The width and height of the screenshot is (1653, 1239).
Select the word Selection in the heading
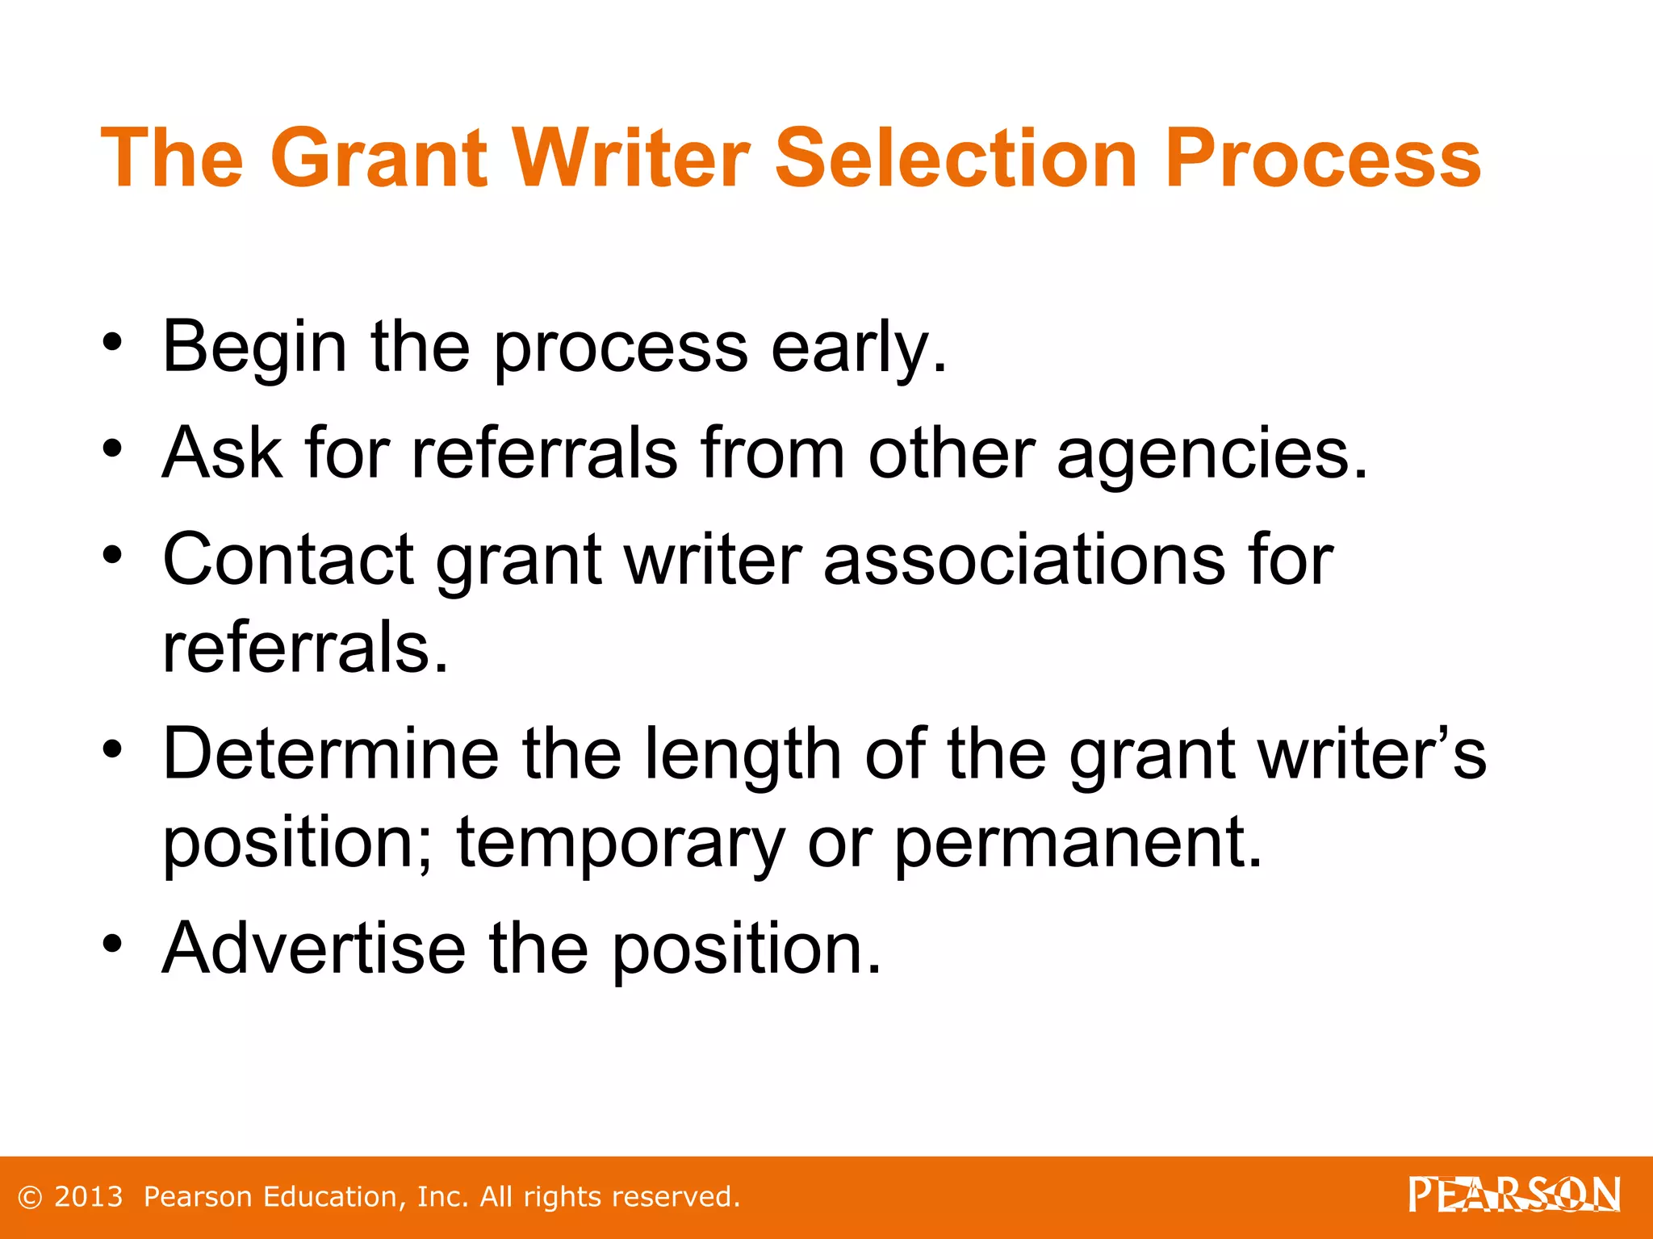(956, 158)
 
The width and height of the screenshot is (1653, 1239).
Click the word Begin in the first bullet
(254, 348)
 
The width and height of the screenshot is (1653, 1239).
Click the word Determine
(331, 754)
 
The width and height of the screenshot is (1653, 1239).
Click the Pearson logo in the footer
(1514, 1195)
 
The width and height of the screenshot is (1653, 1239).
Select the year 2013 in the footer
(88, 1197)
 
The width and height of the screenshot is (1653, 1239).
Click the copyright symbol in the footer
(29, 1197)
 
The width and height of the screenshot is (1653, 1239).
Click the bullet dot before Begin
(112, 341)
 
